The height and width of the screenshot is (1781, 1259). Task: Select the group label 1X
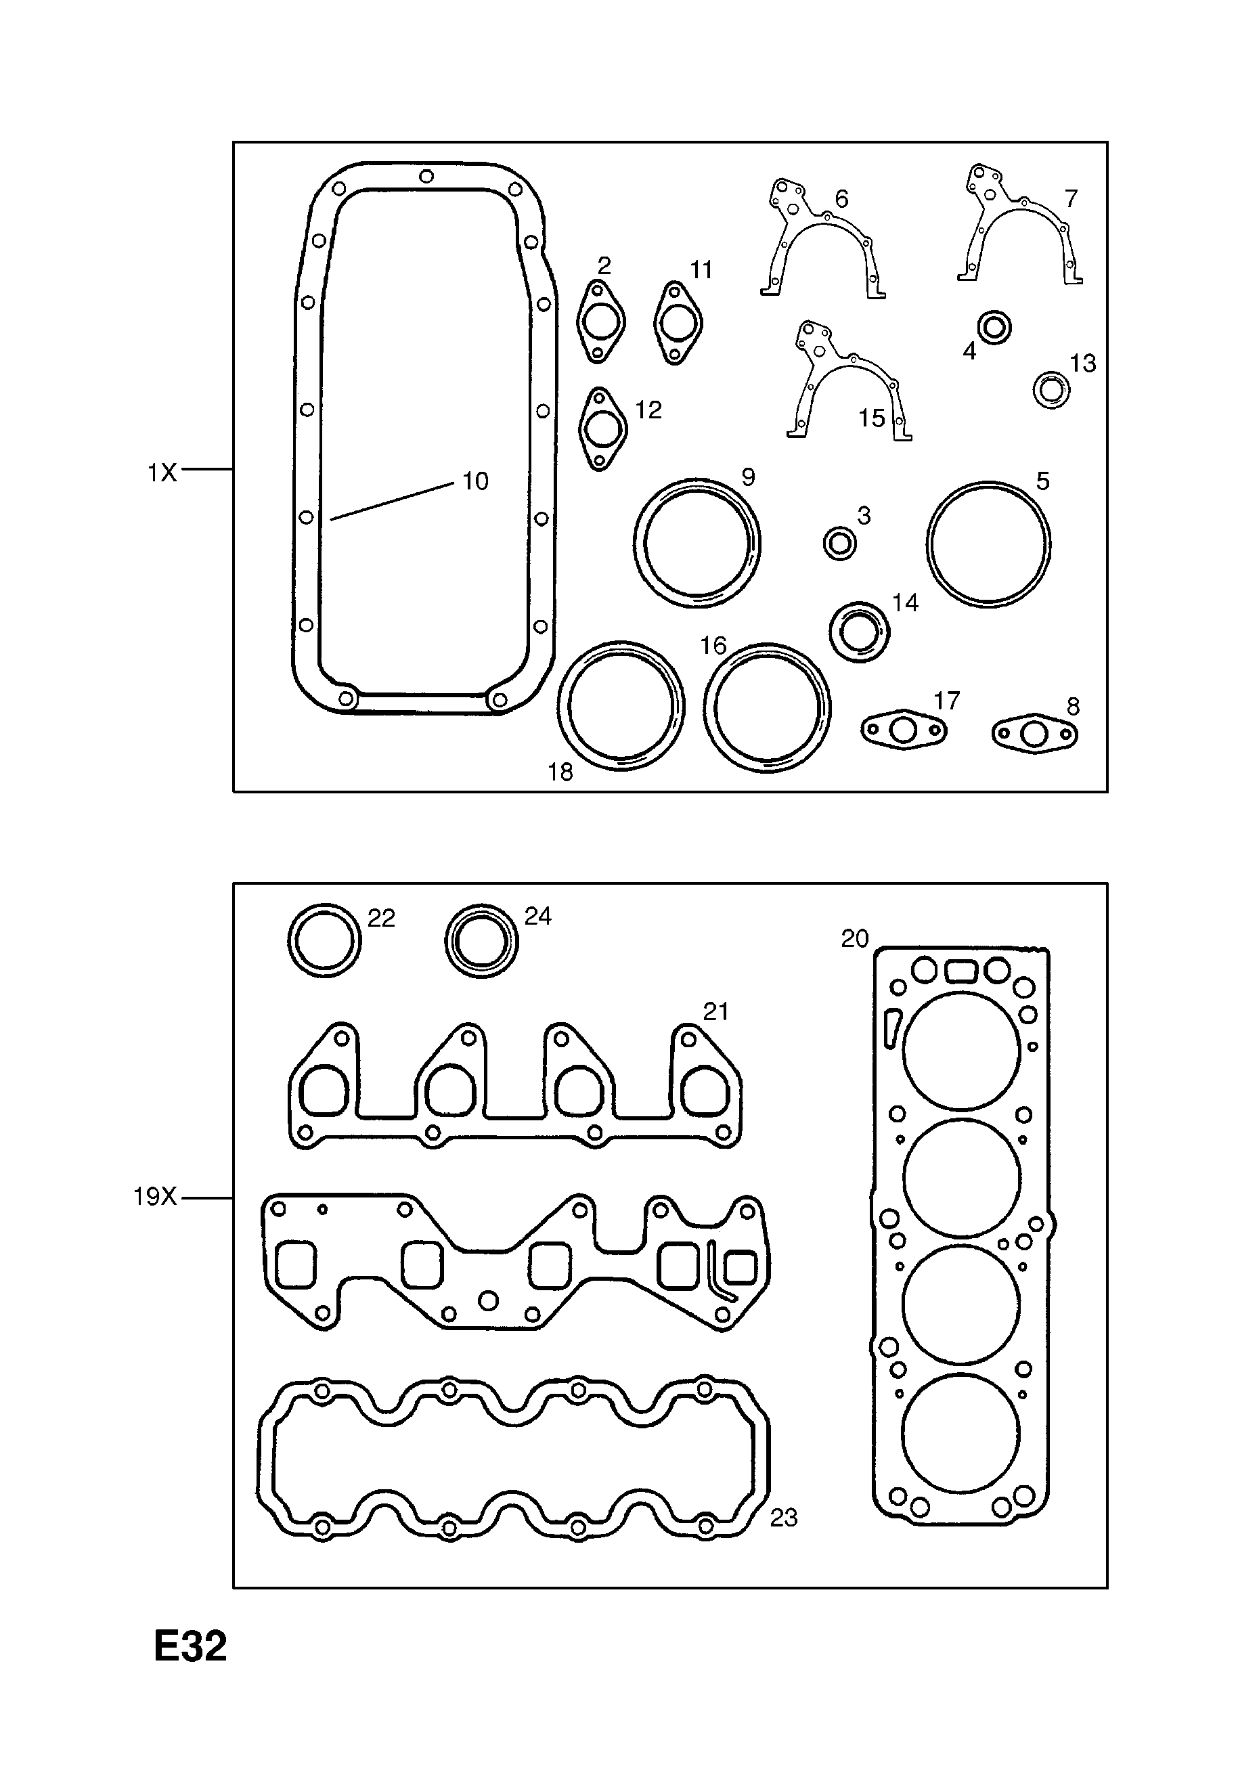click(x=162, y=472)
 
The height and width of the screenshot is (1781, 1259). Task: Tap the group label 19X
click(x=155, y=1197)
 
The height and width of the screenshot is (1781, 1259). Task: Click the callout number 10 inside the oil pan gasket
click(x=474, y=482)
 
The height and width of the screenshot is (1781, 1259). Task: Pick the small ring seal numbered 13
click(x=1051, y=389)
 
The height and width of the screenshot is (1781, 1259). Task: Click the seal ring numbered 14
click(x=859, y=632)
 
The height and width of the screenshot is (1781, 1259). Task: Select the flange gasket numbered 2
click(x=600, y=322)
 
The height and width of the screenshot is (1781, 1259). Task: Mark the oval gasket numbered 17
click(x=904, y=730)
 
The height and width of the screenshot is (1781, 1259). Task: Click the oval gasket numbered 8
click(x=1035, y=734)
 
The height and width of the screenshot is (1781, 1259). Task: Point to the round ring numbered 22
click(x=324, y=940)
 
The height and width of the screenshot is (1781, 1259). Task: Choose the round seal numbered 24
click(x=482, y=941)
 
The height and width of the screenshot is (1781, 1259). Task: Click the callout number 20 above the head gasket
click(x=854, y=939)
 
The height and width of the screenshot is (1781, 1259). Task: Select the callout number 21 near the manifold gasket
click(x=715, y=1011)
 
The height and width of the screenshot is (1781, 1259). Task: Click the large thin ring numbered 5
click(x=988, y=543)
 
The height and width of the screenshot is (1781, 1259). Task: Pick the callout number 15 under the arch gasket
click(x=871, y=418)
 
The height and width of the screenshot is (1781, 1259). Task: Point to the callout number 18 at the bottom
click(x=559, y=772)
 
